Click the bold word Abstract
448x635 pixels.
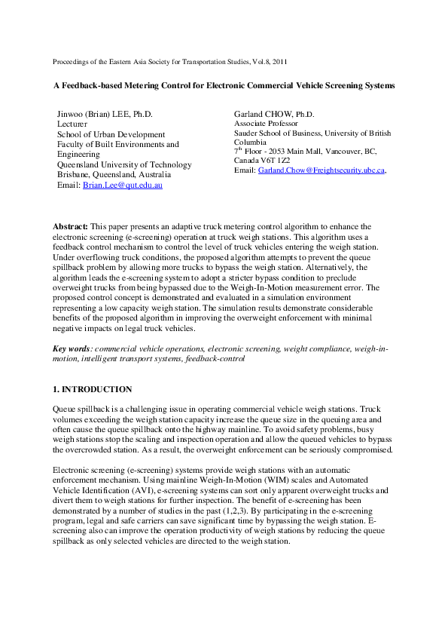(70, 226)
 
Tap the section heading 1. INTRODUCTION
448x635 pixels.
(92, 389)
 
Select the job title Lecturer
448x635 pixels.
(72, 124)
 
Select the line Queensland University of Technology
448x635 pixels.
(124, 164)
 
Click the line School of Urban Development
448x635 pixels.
(111, 134)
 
